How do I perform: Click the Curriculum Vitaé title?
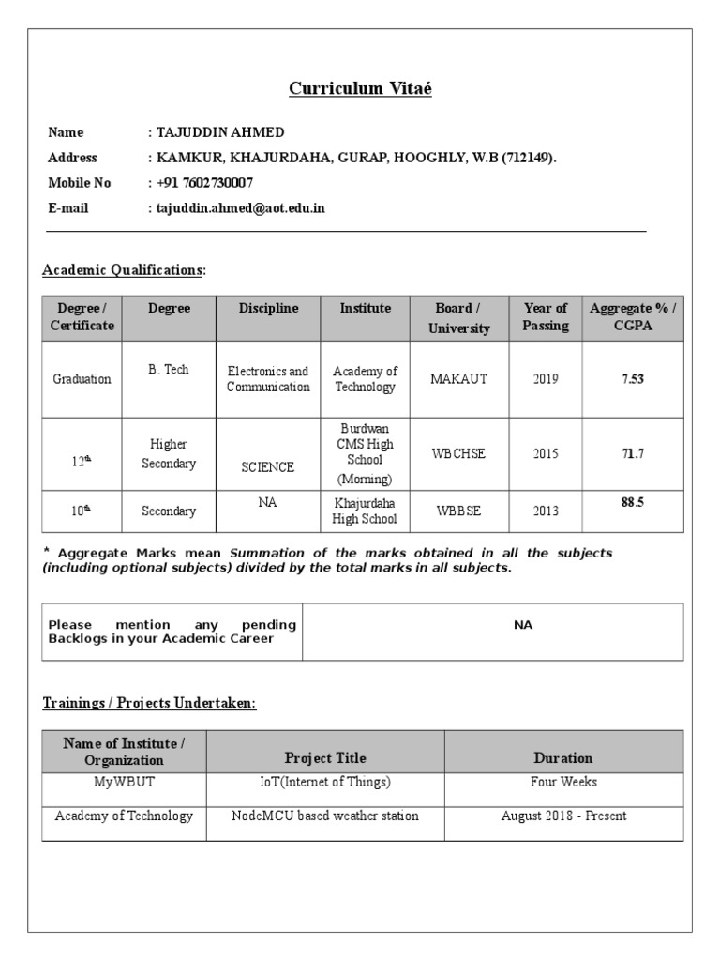click(360, 89)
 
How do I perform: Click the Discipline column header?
click(268, 308)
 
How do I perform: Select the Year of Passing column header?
click(546, 317)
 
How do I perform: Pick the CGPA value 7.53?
click(633, 379)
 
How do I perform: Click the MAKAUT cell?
click(459, 379)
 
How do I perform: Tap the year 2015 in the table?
click(546, 453)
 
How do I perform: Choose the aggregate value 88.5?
click(633, 502)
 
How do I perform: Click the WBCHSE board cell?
click(459, 453)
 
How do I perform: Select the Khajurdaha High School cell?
click(366, 511)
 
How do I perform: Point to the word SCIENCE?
click(268, 466)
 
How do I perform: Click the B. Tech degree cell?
click(169, 370)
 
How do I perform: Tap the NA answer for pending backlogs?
click(523, 625)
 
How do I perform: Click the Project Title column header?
click(325, 757)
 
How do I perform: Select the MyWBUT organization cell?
click(124, 782)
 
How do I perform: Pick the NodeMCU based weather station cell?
click(325, 816)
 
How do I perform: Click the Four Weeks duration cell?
click(563, 782)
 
